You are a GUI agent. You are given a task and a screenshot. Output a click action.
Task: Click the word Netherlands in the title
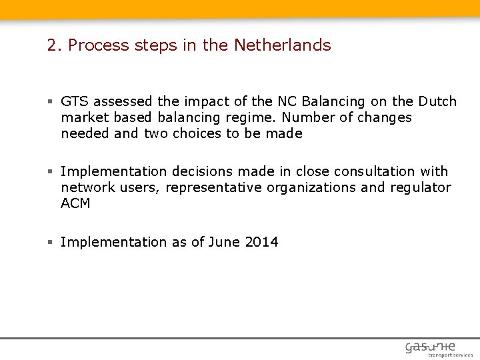pyautogui.click(x=282, y=45)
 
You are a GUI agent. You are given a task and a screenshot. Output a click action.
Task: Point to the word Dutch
pyautogui.click(x=437, y=101)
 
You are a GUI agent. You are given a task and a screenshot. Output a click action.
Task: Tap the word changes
pyautogui.click(x=383, y=117)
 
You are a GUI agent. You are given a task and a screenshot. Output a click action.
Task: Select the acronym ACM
pyautogui.click(x=75, y=203)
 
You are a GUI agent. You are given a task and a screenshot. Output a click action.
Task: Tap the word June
pyautogui.click(x=224, y=242)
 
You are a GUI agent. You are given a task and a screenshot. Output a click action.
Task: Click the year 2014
pyautogui.click(x=261, y=242)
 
